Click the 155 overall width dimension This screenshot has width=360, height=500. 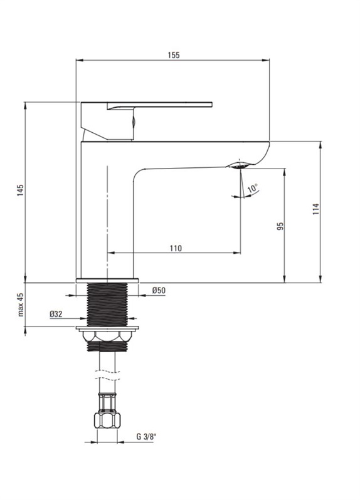(x=174, y=55)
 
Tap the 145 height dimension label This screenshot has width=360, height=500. (x=21, y=190)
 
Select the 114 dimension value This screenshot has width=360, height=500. (x=315, y=209)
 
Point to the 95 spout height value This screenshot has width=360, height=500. (x=280, y=226)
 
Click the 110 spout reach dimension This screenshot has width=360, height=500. (x=176, y=248)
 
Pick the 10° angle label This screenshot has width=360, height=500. (x=253, y=188)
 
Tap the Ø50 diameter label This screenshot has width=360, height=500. (x=159, y=291)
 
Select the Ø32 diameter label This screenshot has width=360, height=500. (x=56, y=314)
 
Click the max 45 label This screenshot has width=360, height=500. (x=21, y=305)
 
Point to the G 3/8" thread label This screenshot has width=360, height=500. (x=146, y=437)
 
